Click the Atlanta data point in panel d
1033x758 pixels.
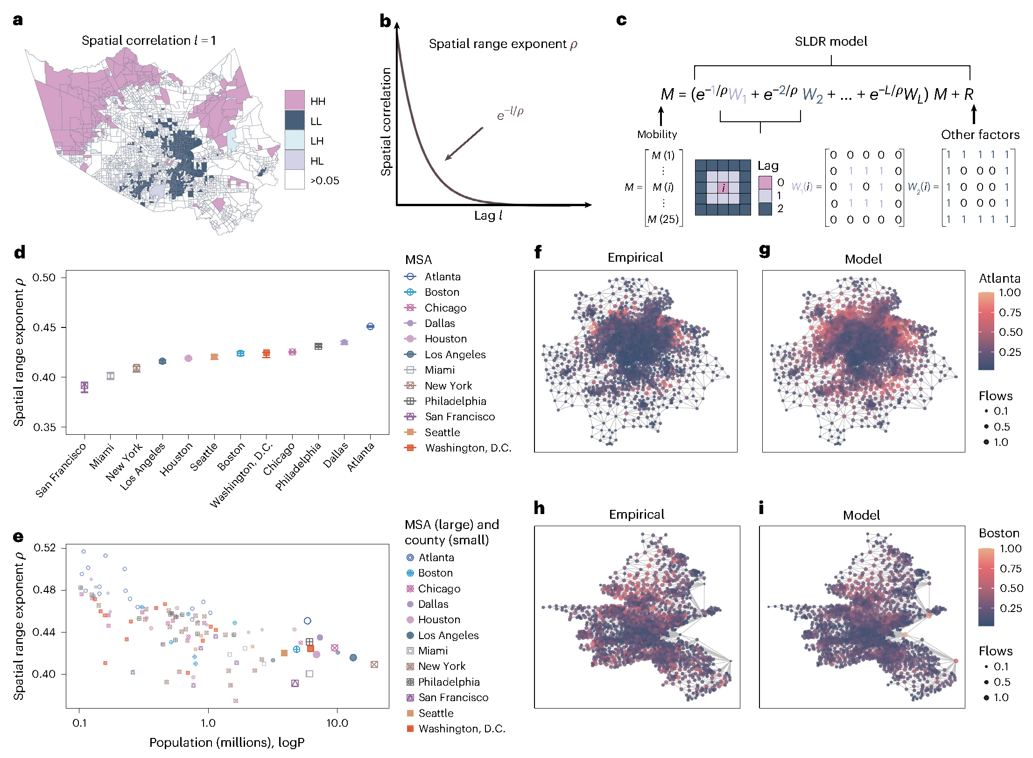point(370,327)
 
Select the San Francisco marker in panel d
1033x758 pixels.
point(84,386)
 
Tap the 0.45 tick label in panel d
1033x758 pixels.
point(44,327)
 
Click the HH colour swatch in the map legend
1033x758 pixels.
point(295,100)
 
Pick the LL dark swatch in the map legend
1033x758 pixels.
point(295,120)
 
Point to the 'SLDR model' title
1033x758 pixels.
point(831,42)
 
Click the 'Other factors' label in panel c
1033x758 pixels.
point(980,135)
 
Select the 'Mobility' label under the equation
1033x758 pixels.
point(657,134)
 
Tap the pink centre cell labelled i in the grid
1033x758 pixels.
point(723,188)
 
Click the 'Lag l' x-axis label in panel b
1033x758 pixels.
point(488,216)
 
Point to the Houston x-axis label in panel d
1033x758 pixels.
point(176,459)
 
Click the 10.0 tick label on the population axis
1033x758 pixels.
point(337,723)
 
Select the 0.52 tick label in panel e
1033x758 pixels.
point(44,548)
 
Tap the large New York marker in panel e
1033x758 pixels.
point(374,664)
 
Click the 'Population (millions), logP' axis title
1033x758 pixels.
point(227,743)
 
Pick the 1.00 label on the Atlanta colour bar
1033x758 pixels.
point(1010,292)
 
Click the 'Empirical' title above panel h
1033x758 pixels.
point(636,514)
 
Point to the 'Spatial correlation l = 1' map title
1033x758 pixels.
point(149,41)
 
